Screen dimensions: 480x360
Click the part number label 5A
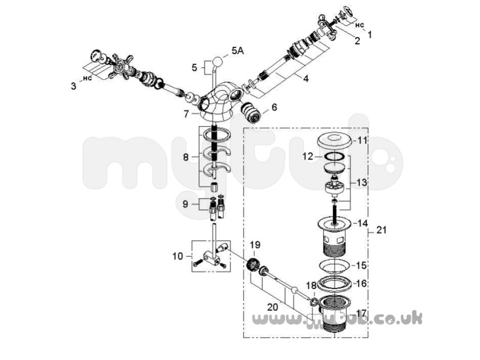[x=238, y=51]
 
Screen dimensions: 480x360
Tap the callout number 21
[x=382, y=230]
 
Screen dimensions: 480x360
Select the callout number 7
[x=187, y=114]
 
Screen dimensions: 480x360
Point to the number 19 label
[x=255, y=245]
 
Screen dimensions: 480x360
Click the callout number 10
[x=178, y=256]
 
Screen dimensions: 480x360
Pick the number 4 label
[x=306, y=79]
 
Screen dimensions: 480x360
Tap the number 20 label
[x=272, y=307]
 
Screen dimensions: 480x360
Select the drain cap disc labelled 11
[x=334, y=140]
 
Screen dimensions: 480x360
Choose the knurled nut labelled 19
[x=253, y=264]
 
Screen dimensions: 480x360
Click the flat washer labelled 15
[x=334, y=265]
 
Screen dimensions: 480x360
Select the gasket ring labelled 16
[x=334, y=284]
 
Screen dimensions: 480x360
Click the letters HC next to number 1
[x=359, y=26]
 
